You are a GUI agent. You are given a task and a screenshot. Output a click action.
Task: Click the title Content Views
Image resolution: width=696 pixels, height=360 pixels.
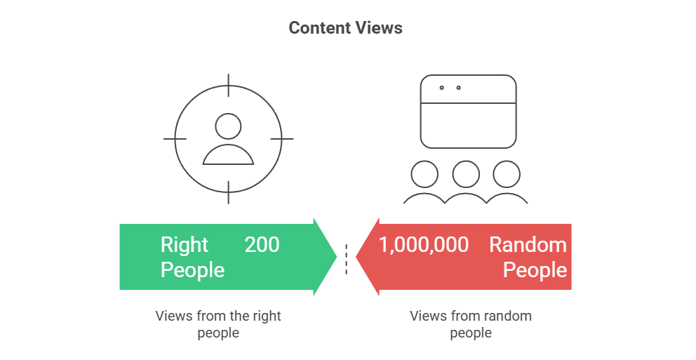[x=345, y=28]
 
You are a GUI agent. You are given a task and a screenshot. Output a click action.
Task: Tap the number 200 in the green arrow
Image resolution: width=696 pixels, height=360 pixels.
[x=262, y=245]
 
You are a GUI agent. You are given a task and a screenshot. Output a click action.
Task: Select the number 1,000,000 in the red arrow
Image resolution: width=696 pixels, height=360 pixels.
[x=424, y=245]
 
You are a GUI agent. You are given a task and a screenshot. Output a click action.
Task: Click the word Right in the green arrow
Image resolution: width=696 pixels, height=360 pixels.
[x=185, y=245]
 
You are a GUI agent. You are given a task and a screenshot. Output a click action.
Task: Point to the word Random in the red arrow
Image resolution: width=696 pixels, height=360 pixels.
[x=528, y=245]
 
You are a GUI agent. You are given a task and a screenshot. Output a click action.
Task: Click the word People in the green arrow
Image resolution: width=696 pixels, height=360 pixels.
[x=192, y=270]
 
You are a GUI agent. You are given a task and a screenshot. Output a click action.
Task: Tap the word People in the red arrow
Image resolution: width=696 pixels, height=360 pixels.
[x=535, y=270]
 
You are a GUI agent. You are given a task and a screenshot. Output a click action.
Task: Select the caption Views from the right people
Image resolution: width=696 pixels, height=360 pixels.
[x=218, y=324]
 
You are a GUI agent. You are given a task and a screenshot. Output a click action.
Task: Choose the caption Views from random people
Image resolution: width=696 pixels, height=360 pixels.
[x=471, y=324]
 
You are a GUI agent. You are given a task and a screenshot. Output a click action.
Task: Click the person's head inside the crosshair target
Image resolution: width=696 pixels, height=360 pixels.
[x=228, y=127]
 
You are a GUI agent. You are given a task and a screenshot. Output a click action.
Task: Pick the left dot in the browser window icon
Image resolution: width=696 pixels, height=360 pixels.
[x=441, y=88]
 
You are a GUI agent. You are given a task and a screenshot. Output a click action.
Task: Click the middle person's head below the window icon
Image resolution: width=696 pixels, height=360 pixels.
[x=466, y=173]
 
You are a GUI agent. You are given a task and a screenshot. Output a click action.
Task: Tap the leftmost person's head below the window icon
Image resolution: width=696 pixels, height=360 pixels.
[x=424, y=173]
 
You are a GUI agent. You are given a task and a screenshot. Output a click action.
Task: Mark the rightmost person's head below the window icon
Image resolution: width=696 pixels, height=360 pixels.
[x=506, y=173]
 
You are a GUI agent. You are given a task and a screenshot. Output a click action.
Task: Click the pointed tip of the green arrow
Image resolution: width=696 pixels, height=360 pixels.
[x=337, y=257]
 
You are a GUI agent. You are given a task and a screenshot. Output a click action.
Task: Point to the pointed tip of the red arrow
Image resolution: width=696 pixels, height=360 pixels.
[x=355, y=257]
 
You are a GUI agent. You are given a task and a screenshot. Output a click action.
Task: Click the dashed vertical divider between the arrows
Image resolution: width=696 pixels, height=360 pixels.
[x=346, y=258]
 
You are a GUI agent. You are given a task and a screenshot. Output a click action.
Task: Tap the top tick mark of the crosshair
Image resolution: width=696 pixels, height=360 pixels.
[x=228, y=82]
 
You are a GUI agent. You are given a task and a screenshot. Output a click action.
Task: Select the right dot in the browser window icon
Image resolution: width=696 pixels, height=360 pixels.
[x=459, y=88]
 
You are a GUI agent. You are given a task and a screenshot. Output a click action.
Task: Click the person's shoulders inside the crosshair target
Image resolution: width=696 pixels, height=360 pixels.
[x=228, y=156]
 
